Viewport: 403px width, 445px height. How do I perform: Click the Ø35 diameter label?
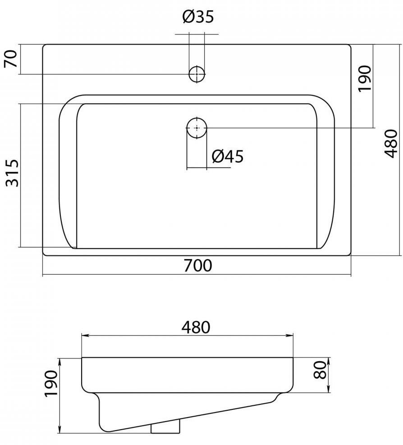198,17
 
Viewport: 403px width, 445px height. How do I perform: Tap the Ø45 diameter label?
228,156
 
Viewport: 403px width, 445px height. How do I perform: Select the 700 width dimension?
197,266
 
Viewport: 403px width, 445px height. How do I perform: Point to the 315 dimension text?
13,173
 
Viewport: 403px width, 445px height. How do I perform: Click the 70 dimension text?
11,59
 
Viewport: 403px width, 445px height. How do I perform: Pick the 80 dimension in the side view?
320,370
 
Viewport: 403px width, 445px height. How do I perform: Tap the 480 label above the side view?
196,327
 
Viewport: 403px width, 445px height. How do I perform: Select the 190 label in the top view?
365,78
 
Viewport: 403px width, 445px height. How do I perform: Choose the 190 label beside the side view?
51,384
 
